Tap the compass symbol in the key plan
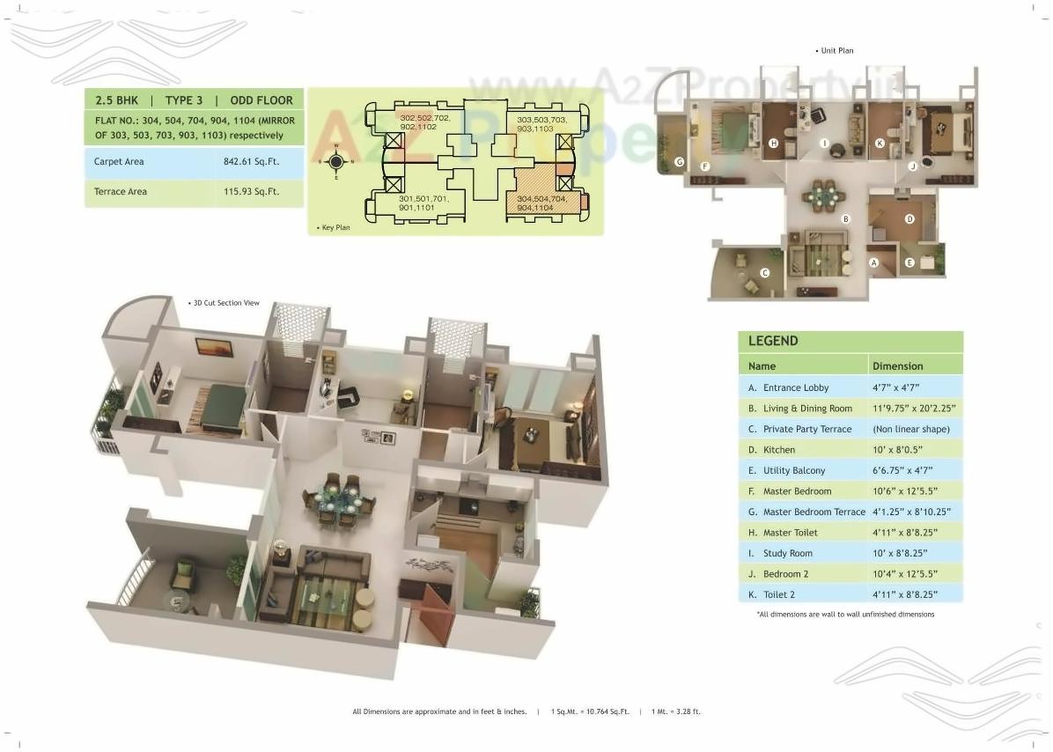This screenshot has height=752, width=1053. point(335,161)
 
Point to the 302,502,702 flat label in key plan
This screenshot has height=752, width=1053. point(424,122)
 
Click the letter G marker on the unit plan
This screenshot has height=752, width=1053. point(680,162)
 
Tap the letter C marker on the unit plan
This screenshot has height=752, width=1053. point(765,273)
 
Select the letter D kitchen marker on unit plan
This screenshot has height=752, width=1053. point(909,219)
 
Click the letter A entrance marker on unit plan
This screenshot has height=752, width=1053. point(874,262)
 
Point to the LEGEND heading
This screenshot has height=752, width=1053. point(773,341)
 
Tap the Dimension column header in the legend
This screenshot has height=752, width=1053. point(897,365)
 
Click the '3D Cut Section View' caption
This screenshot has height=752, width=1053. point(226,303)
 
